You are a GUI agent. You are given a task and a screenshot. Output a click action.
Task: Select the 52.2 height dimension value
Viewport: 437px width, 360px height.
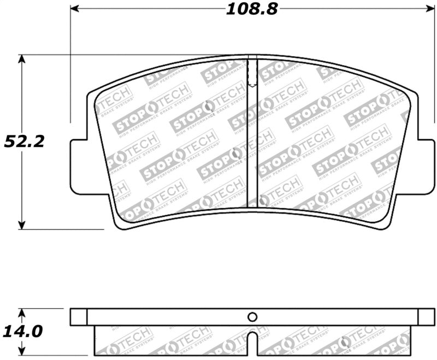pos(24,141)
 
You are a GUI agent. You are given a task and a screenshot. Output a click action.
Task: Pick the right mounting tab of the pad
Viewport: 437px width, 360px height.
pos(426,166)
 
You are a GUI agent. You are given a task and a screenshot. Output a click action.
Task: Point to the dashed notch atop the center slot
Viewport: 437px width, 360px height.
pos(252,74)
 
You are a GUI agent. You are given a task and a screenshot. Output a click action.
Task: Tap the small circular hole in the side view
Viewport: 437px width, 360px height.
pos(252,317)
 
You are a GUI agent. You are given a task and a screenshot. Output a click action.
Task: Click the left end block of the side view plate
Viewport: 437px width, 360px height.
pos(79,317)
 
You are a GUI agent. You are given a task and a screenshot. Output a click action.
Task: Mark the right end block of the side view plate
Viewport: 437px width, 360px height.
pos(427,317)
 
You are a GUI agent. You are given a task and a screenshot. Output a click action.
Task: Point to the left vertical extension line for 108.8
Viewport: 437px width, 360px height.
pos(70,66)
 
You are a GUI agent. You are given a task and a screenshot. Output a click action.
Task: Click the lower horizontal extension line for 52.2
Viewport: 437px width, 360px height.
pos(60,229)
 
